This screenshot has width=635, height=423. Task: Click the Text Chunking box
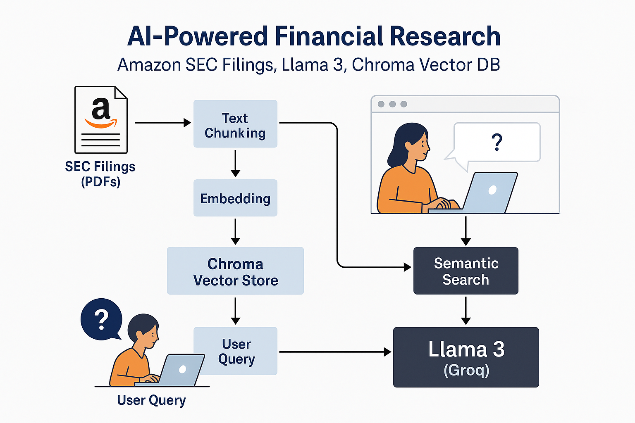tap(235, 124)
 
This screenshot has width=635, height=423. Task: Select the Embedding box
tap(235, 198)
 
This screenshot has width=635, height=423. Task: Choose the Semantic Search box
tap(466, 271)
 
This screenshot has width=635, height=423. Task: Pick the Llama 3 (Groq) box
tap(466, 357)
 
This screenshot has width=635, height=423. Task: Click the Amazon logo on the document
tap(101, 112)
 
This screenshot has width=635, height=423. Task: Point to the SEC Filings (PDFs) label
tap(100, 174)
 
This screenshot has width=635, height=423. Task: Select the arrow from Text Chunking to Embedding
tap(235, 163)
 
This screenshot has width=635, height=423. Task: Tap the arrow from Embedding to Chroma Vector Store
tap(235, 231)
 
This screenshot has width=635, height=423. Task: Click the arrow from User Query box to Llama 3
tap(335, 352)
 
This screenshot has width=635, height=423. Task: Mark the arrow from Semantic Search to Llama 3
tap(466, 311)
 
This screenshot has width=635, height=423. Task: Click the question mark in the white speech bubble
tap(497, 143)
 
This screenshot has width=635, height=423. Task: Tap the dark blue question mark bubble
tap(101, 319)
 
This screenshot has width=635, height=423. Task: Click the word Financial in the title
tap(329, 36)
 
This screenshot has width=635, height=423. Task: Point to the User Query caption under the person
tap(151, 400)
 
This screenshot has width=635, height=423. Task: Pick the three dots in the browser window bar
tap(392, 104)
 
